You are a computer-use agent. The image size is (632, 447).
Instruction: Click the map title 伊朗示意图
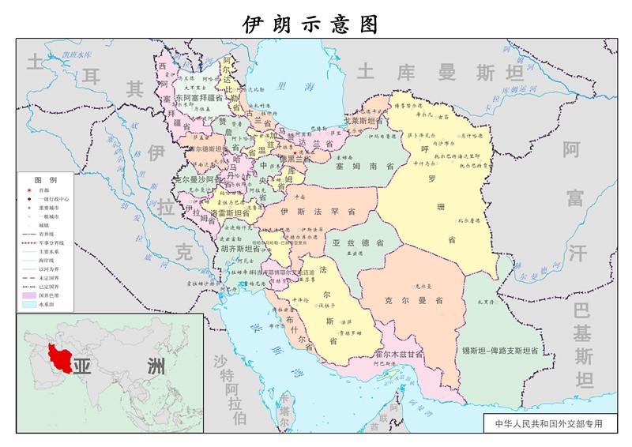310,24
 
